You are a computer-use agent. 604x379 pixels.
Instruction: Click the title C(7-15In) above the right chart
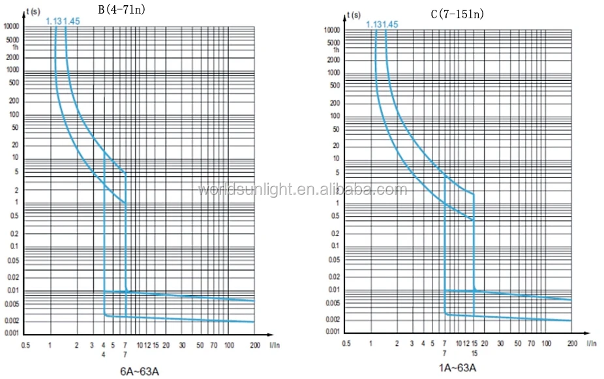457,14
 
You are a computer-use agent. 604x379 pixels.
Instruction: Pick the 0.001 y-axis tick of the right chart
333,332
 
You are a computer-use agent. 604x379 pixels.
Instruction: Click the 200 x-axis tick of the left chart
254,344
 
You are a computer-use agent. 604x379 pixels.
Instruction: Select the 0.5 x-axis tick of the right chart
346,344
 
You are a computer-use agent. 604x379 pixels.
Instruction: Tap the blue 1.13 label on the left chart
53,22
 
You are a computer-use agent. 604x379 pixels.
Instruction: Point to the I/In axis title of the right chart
591,343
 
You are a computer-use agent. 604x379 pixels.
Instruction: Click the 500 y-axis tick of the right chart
334,85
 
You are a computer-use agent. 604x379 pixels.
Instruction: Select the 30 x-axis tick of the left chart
183,344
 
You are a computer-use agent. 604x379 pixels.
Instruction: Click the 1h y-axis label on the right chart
337,50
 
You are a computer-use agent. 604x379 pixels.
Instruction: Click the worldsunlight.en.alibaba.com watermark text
302,190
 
